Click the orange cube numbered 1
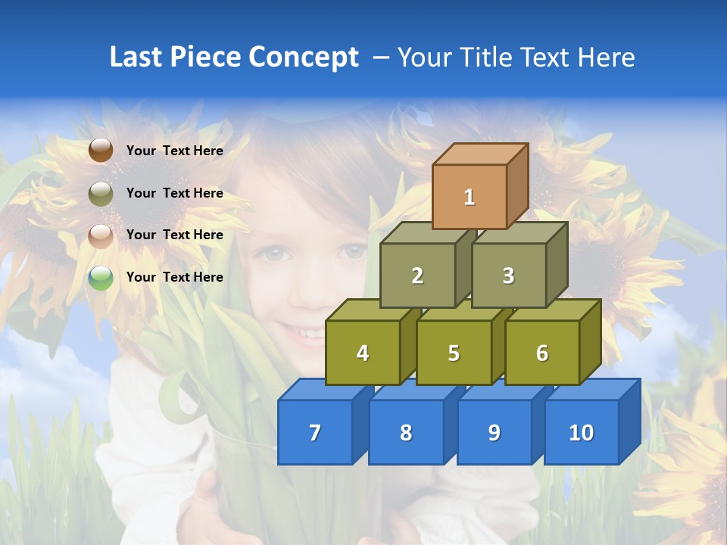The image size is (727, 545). (x=470, y=197)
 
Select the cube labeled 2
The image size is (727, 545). (x=417, y=276)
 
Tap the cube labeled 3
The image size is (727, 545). (x=508, y=276)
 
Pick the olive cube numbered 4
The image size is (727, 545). (x=363, y=353)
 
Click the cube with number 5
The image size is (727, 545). (x=454, y=353)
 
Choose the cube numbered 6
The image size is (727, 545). (x=542, y=353)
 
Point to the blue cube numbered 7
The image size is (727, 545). (x=315, y=432)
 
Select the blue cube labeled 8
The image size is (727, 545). (x=406, y=432)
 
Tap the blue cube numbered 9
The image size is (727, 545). (x=494, y=432)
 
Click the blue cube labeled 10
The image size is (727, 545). (x=581, y=432)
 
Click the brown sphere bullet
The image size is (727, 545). (x=101, y=151)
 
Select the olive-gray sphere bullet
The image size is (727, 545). (x=101, y=193)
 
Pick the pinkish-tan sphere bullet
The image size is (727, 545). (x=101, y=235)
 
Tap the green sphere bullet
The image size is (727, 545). (x=101, y=278)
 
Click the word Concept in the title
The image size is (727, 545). (x=303, y=58)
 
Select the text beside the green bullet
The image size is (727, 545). (x=175, y=277)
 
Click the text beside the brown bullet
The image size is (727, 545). (x=175, y=151)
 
